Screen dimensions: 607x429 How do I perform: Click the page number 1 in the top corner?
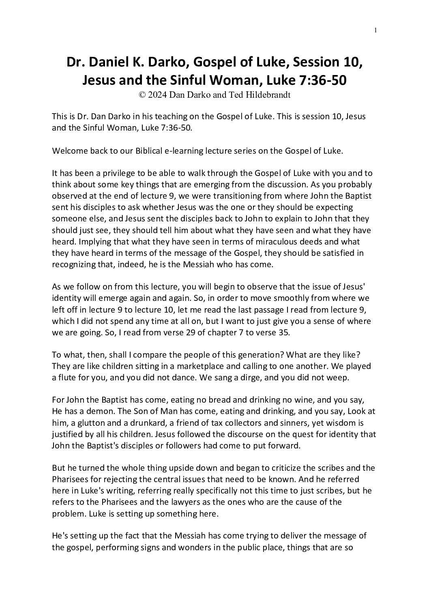376,30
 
